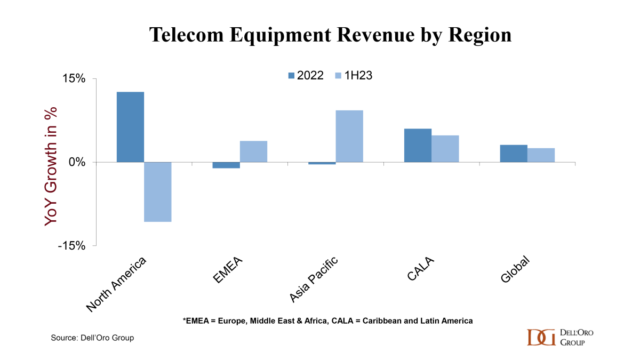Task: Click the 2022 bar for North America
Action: tap(130, 127)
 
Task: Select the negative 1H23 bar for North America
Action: tap(158, 191)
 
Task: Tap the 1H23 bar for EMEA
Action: tap(253, 151)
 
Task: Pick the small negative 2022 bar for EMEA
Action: tap(226, 165)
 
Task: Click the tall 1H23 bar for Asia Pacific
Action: tap(349, 136)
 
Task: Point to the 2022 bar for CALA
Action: tap(418, 145)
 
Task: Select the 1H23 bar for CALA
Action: tap(445, 149)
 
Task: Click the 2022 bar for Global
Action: tap(514, 154)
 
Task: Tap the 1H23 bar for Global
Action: tap(541, 155)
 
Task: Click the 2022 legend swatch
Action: tap(291, 76)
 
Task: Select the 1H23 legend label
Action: tap(358, 76)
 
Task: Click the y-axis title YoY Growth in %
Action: tap(51, 165)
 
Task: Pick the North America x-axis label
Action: tap(116, 284)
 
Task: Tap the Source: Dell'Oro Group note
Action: tap(92, 338)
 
